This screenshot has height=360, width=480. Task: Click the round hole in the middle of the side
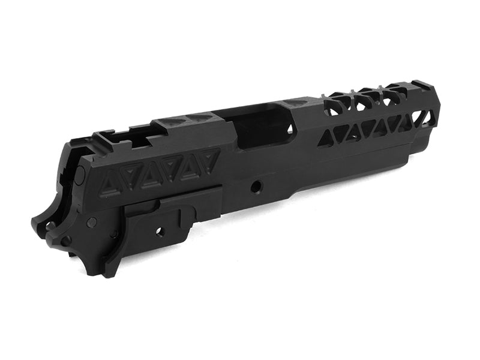(257, 187)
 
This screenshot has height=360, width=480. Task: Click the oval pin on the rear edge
(79, 175)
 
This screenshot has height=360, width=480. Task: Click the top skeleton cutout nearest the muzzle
(397, 94)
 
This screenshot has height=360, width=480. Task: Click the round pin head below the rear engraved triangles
(92, 223)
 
